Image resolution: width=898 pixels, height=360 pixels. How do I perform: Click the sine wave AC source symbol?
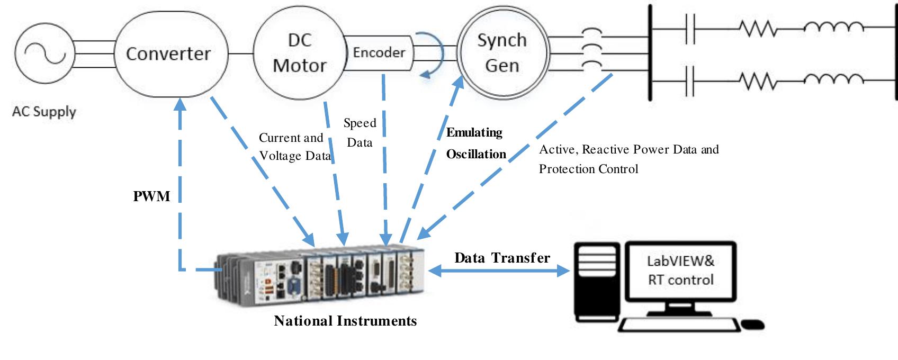tap(40, 54)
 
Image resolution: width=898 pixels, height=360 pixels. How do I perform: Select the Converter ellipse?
tap(168, 54)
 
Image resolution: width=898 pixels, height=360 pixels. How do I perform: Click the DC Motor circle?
tap(299, 53)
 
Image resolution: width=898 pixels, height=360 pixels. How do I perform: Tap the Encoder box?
tap(379, 52)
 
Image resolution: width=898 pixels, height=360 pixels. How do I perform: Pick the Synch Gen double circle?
tap(502, 52)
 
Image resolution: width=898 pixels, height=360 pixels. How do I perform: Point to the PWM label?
tap(151, 196)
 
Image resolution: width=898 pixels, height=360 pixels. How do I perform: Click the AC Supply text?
tap(44, 112)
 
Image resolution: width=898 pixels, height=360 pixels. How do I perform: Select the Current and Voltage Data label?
tap(294, 147)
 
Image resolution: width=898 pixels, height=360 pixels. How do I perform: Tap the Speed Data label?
tap(360, 132)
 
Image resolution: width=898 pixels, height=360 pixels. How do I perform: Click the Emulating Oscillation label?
tap(475, 143)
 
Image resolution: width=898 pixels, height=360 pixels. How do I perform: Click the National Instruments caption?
tap(345, 321)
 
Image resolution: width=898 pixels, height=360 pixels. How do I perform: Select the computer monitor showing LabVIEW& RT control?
tap(681, 271)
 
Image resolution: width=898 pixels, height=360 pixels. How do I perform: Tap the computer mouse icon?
tap(752, 324)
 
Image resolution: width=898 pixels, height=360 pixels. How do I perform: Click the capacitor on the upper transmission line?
tap(689, 29)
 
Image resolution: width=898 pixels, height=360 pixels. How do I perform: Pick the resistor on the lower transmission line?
tap(758, 81)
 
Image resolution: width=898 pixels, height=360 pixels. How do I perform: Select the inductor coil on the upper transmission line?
tap(833, 27)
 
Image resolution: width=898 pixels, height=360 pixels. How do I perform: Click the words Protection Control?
tap(588, 169)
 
